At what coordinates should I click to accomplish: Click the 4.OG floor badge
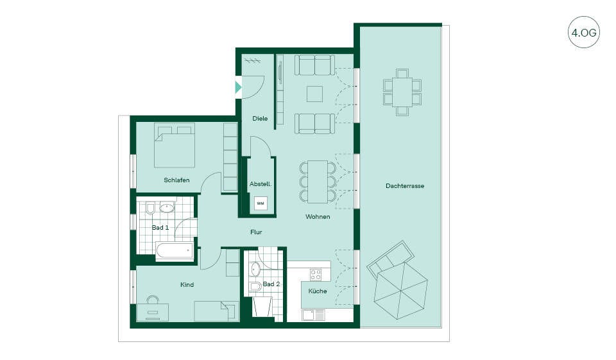584,33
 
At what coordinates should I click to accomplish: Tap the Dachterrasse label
405,186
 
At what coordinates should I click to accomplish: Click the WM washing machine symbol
260,203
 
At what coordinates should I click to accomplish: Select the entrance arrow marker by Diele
238,87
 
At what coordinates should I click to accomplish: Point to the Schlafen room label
176,180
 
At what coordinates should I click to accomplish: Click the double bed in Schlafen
175,146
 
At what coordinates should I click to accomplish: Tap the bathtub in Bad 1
175,251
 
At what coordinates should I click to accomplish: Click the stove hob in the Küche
316,274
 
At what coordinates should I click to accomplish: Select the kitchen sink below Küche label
313,315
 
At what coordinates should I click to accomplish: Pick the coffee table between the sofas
314,94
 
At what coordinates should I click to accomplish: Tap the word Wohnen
318,216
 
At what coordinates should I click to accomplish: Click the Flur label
256,232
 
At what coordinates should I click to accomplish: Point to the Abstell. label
261,184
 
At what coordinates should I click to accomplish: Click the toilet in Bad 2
255,286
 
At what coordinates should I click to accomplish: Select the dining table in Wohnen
318,182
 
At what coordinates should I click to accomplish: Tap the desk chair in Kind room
153,300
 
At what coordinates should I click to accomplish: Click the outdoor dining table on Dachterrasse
402,92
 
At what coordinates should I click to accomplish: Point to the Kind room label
187,284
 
